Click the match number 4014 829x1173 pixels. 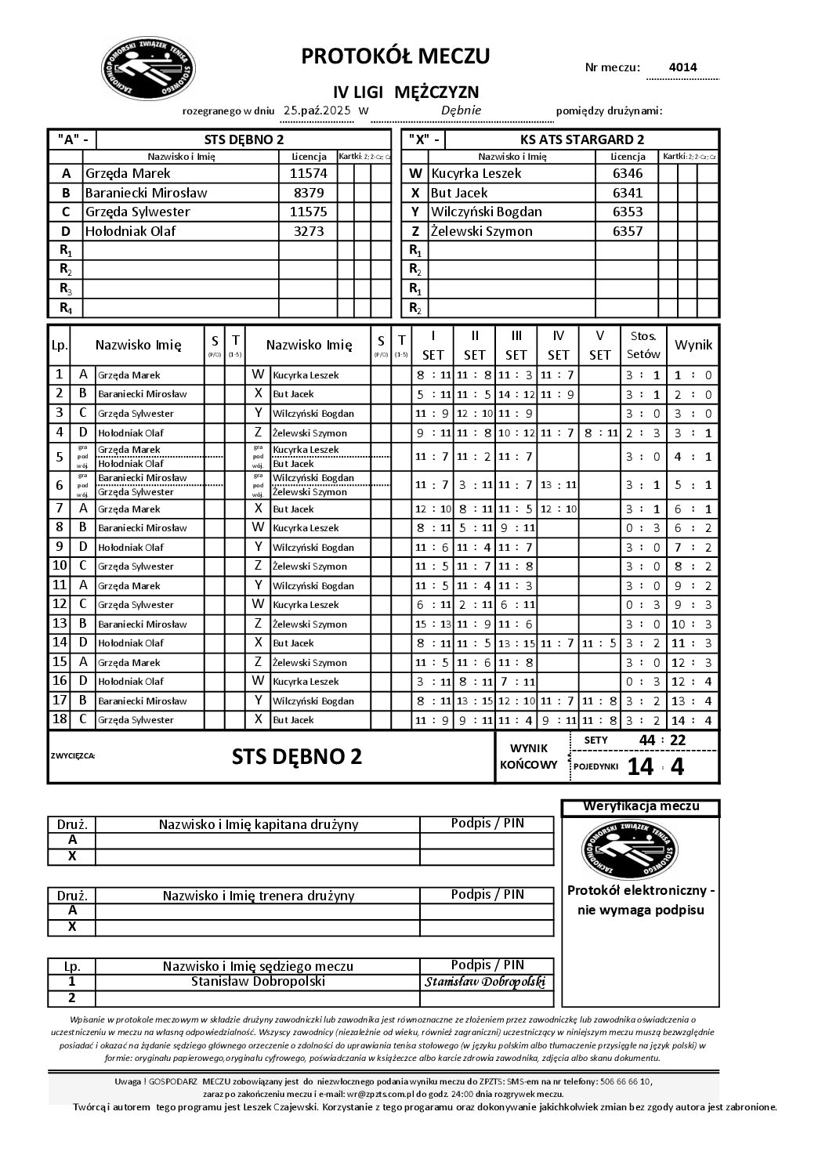click(x=682, y=67)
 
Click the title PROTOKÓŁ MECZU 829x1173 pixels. click(x=396, y=56)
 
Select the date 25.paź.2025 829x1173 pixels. click(x=317, y=110)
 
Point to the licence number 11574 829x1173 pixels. click(x=308, y=173)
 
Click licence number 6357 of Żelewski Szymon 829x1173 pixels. click(x=627, y=231)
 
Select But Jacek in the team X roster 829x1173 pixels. click(x=459, y=193)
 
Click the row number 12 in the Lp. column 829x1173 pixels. click(x=60, y=604)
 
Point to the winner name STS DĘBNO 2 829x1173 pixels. click(x=297, y=757)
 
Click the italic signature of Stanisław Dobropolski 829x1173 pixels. click(x=485, y=982)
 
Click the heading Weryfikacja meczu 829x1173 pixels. click(x=641, y=806)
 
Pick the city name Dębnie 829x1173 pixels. click(x=461, y=110)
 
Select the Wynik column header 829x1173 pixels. click(x=693, y=345)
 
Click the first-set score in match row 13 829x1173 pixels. click(x=433, y=624)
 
